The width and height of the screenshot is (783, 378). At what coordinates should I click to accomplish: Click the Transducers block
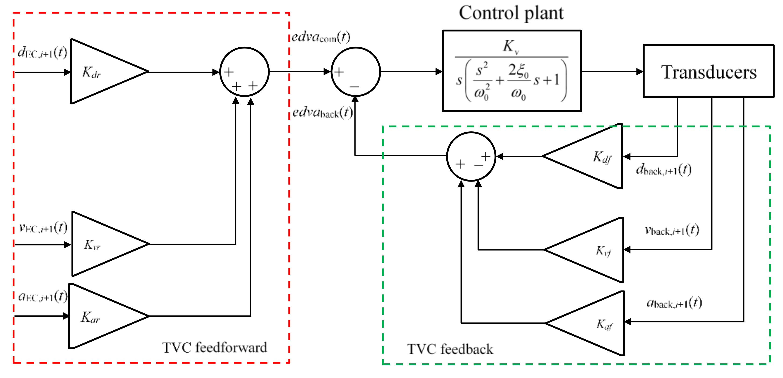[708, 71]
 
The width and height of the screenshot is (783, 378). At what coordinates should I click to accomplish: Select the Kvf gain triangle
[593, 250]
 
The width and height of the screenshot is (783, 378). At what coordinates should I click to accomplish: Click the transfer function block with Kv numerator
[512, 71]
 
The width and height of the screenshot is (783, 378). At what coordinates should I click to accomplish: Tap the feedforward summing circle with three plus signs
[244, 72]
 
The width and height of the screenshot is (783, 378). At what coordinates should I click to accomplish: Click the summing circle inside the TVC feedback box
[471, 156]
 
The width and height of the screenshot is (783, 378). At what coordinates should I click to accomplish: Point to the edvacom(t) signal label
[321, 37]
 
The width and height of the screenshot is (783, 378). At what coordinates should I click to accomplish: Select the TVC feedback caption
[450, 349]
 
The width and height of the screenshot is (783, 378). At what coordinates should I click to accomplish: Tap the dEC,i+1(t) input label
[42, 52]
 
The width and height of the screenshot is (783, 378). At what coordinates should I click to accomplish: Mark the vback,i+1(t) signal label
[672, 230]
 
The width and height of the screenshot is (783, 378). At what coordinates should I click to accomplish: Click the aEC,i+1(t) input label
[43, 296]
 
